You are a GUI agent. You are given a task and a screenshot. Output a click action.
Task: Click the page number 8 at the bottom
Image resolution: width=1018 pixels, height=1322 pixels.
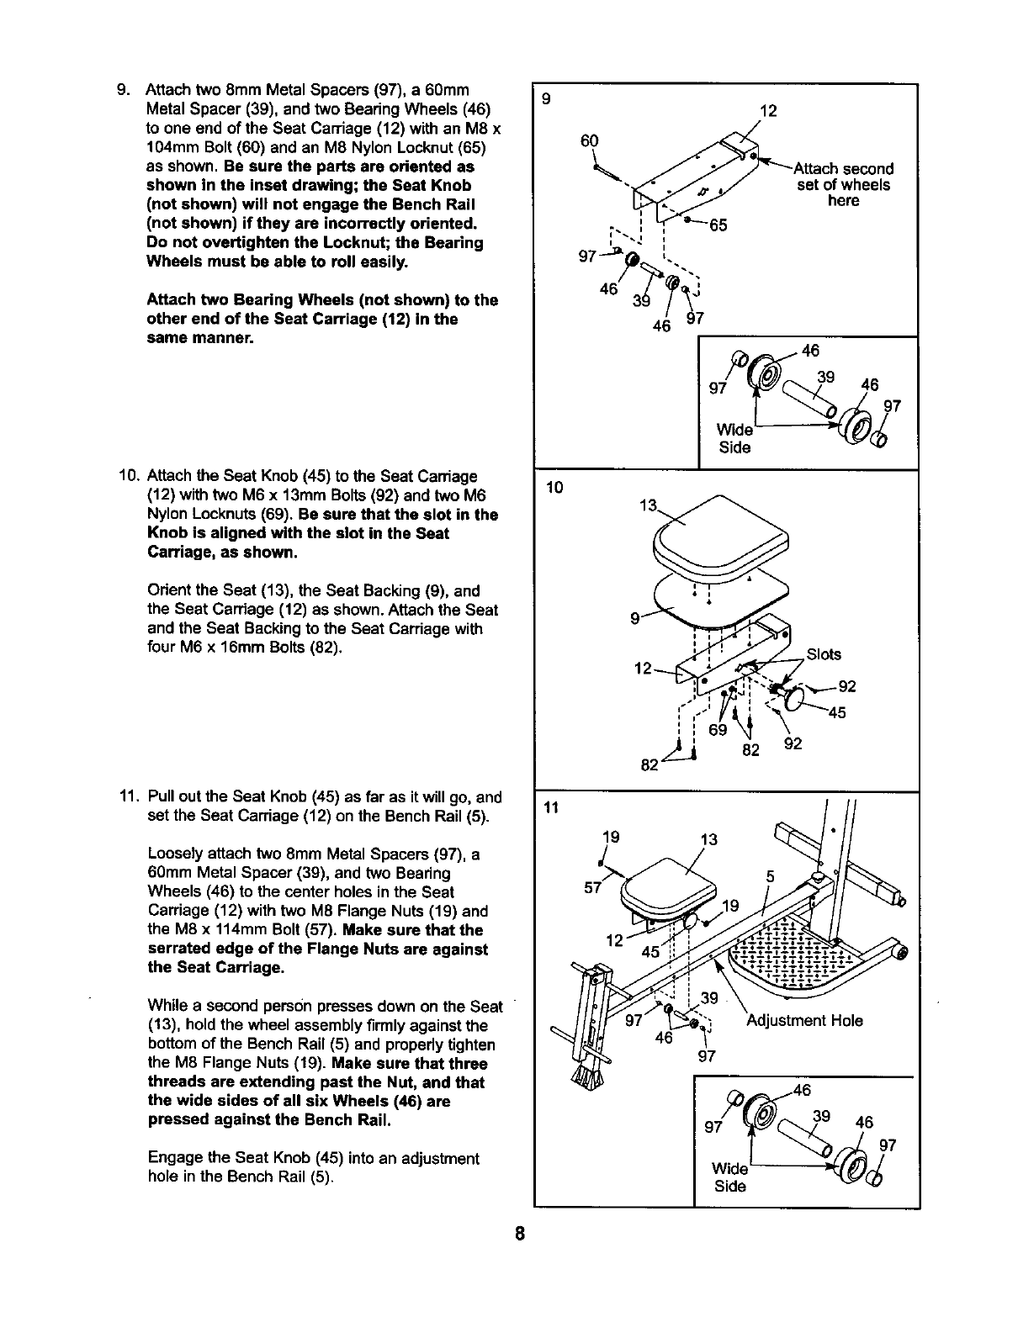point(521,1235)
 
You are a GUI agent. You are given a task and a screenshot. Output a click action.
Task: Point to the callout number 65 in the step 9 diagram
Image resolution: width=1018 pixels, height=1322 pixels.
point(717,225)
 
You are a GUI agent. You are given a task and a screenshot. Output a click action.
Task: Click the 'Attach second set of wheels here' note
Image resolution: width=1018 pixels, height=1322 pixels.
point(843,185)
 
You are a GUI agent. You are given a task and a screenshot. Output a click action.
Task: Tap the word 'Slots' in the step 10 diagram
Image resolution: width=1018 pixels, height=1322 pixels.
point(823,654)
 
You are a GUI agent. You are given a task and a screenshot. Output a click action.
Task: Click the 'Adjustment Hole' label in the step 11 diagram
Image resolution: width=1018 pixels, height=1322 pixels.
point(804,1020)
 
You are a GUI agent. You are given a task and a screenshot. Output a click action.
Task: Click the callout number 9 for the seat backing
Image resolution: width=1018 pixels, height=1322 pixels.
point(635,620)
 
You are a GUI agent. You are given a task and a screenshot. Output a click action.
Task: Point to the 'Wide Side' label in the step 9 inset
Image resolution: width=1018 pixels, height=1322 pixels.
point(734,439)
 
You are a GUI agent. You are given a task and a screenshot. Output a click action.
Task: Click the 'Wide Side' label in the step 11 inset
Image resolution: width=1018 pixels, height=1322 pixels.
point(729,1177)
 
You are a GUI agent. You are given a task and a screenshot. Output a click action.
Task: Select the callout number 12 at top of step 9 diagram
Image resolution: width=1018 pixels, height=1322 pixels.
point(767,110)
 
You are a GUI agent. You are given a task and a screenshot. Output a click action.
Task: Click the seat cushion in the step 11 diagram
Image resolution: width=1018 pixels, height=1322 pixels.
point(669,883)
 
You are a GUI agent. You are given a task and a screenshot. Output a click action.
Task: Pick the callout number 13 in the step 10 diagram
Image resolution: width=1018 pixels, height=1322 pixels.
point(648,505)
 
